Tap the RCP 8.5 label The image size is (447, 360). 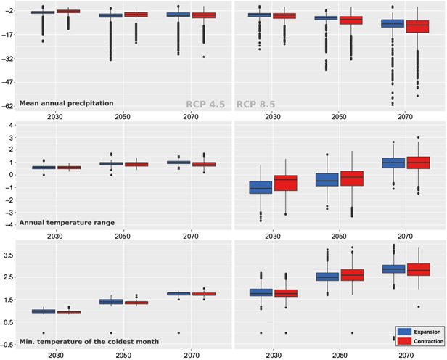pos(258,104)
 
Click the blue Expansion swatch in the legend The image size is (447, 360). pos(403,330)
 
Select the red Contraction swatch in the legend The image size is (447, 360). pos(403,340)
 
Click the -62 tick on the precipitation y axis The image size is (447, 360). pos(9,106)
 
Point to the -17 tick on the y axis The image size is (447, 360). pos(9,36)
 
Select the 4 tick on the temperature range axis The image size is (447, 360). pos(11,125)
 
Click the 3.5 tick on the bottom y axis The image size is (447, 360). pos(9,255)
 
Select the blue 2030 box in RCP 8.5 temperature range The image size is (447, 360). pos(260,187)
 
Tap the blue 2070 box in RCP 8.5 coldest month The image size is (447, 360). pos(393,269)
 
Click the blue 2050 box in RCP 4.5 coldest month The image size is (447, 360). pos(111,301)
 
